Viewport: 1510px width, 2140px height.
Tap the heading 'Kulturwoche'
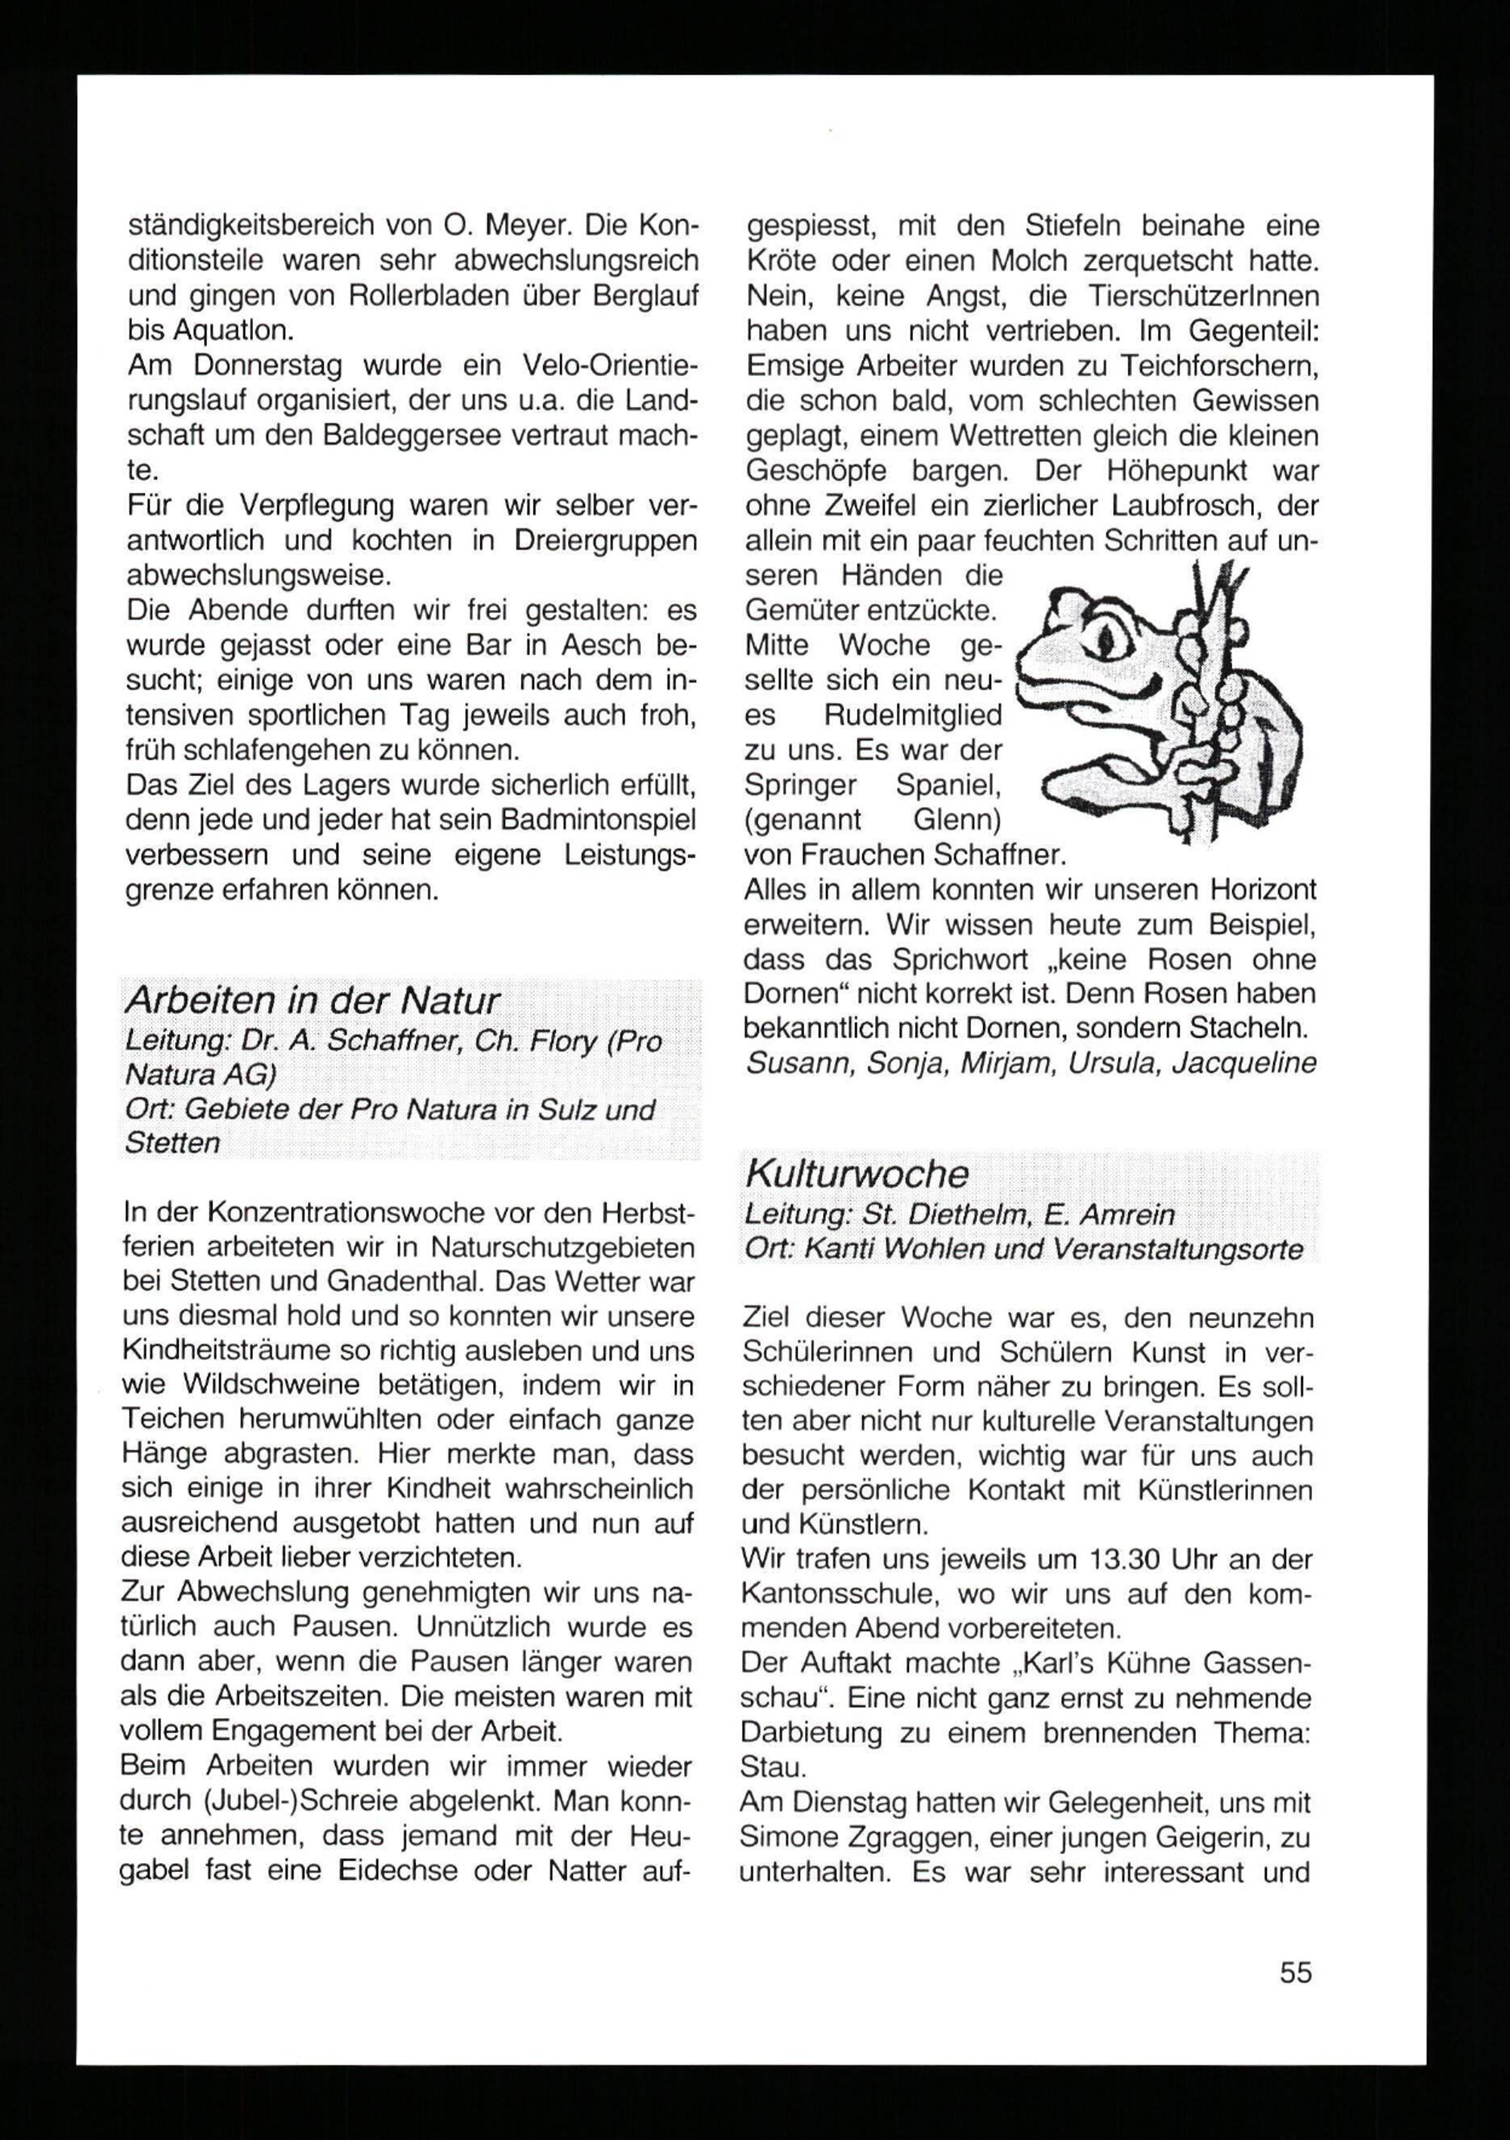click(857, 1174)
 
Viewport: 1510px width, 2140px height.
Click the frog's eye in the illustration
click(1106, 639)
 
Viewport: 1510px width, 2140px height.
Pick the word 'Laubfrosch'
click(1183, 506)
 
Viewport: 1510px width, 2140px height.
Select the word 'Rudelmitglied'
click(914, 716)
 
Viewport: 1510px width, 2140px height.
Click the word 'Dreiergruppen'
click(605, 540)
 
